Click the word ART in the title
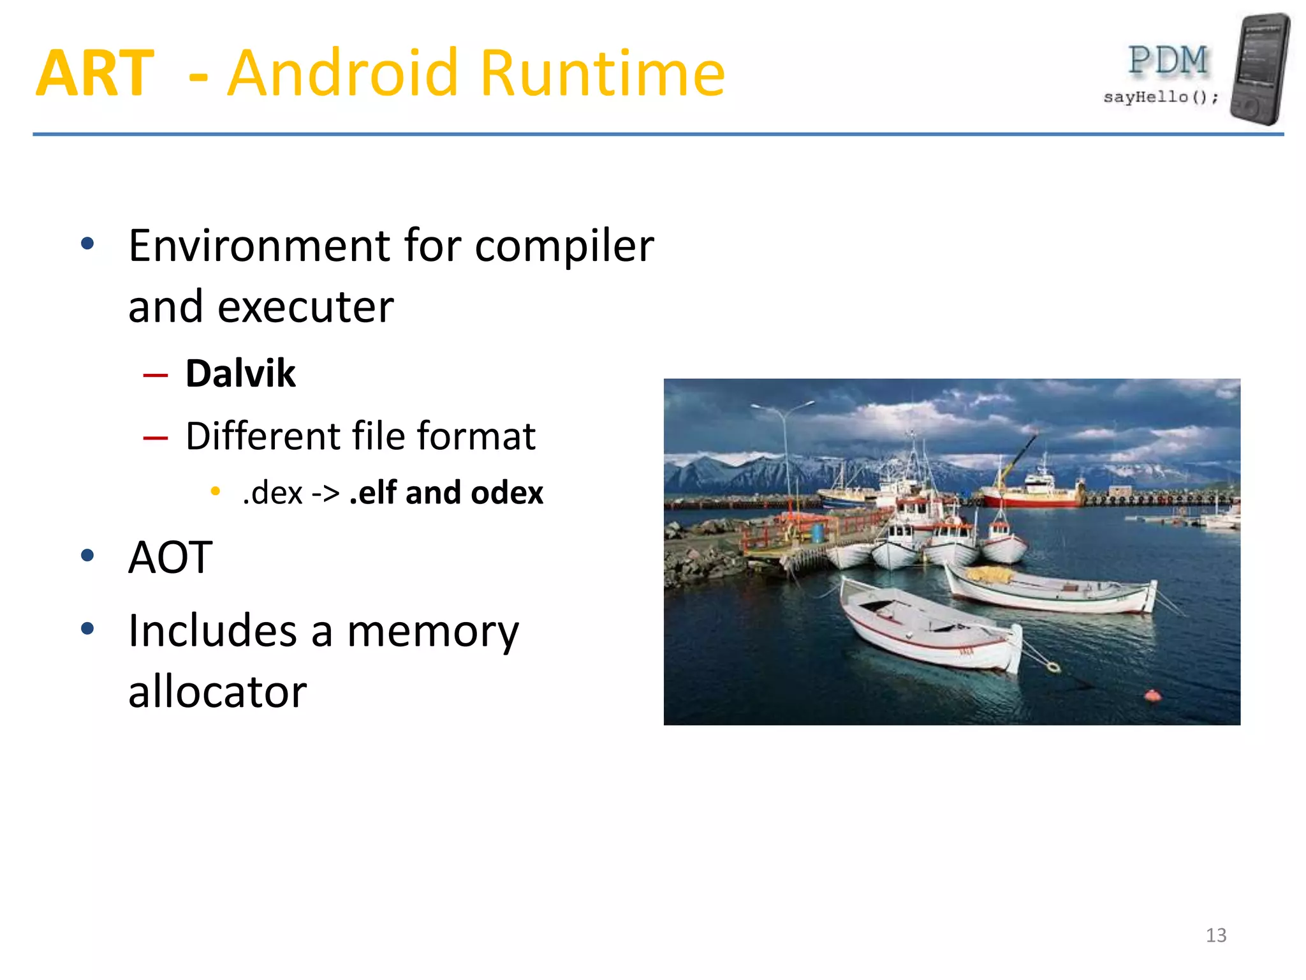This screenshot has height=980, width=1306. [x=95, y=74]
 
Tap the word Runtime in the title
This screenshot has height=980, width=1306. [x=602, y=74]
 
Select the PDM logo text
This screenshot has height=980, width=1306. [x=1168, y=61]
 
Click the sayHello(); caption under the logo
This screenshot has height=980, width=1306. [x=1161, y=97]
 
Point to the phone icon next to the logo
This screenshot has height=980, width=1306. [x=1259, y=69]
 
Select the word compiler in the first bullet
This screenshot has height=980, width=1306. [x=564, y=247]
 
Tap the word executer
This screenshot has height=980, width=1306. [x=305, y=308]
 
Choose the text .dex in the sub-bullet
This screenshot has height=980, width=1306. [x=272, y=493]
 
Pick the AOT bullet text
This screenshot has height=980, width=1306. [x=170, y=558]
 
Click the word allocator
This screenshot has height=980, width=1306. [x=217, y=692]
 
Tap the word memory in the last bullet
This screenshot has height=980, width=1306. [x=433, y=632]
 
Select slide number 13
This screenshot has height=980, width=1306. [x=1216, y=935]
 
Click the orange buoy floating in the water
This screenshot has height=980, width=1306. [x=1152, y=695]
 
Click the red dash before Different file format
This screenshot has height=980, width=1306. [x=156, y=438]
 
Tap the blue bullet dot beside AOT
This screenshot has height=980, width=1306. [x=87, y=556]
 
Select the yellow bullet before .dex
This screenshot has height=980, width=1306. [x=216, y=491]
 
